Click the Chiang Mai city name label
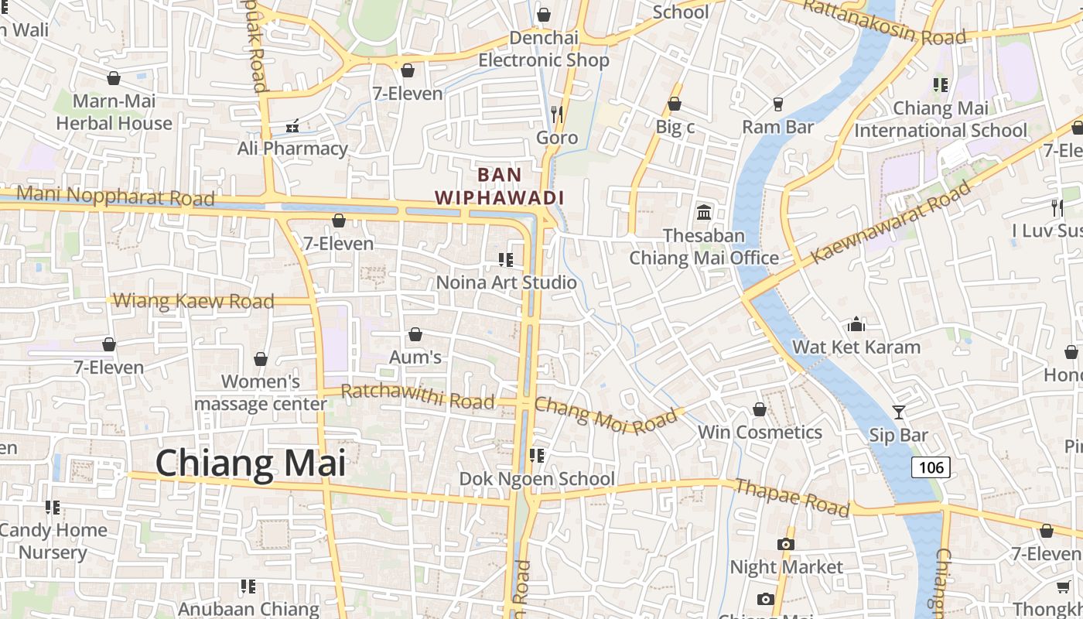point(251,463)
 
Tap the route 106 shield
point(931,467)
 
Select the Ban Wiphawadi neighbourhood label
point(499,186)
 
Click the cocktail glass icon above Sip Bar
point(898,412)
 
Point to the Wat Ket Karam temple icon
point(856,323)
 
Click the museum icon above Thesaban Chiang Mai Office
point(704,212)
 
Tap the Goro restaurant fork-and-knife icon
point(557,115)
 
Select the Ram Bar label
point(777,126)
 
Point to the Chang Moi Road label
point(605,416)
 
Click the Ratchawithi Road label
point(417,396)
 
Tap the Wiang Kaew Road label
point(193,301)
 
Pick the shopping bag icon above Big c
point(675,104)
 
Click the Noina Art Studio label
point(507,282)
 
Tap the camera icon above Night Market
point(786,544)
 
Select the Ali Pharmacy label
point(292,148)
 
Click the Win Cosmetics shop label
point(760,432)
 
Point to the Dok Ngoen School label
point(537,479)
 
